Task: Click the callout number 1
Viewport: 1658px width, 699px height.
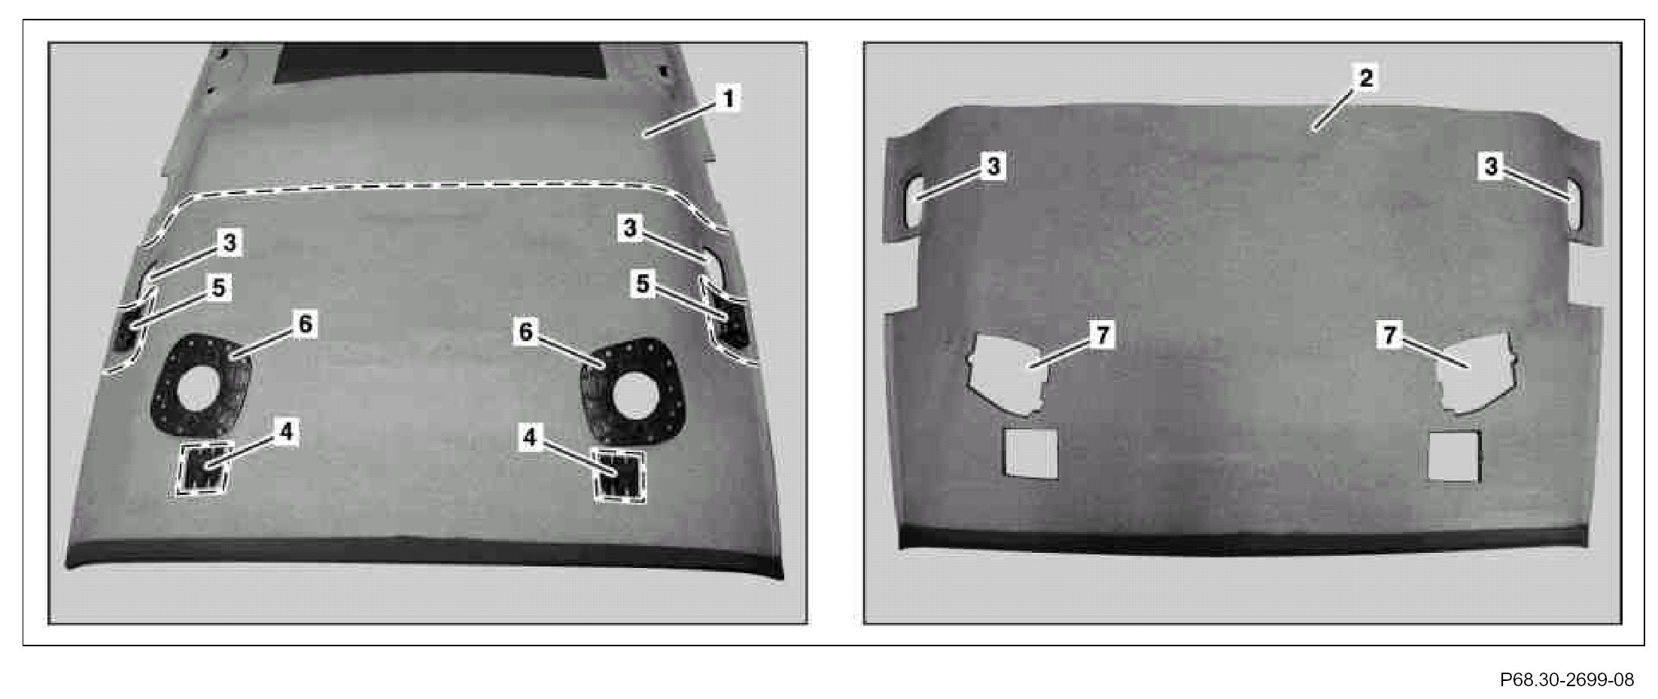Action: click(727, 99)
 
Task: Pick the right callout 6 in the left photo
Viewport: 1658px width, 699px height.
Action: click(527, 332)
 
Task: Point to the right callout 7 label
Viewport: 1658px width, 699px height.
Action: click(1389, 336)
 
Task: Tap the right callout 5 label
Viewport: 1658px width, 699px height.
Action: click(643, 285)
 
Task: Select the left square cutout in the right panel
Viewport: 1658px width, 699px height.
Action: click(1032, 453)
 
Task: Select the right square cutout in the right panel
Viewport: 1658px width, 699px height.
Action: click(1454, 456)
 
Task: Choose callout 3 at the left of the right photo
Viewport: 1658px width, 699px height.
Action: click(993, 166)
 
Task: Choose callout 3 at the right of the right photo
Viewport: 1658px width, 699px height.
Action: click(1491, 166)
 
